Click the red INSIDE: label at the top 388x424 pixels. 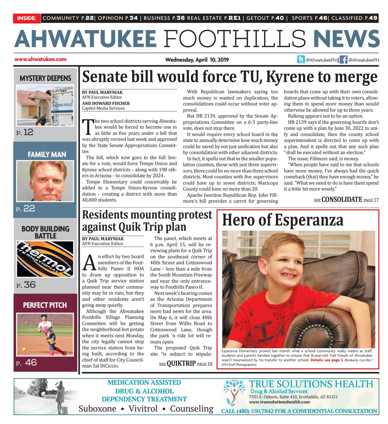coord(27,18)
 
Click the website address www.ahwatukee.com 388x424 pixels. coord(40,59)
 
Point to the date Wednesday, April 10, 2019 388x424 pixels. coord(197,60)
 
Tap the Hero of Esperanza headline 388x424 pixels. coord(283,220)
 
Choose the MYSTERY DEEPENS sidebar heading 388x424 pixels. coord(45,78)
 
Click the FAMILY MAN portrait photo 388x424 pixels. coord(45,181)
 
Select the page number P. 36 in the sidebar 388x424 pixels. coord(26,285)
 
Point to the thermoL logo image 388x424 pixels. coord(45,259)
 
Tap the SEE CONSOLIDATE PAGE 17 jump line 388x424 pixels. coord(346,200)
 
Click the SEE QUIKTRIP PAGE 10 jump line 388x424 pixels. coord(185,363)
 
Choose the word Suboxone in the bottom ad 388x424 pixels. coord(97,409)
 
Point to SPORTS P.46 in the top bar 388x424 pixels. coord(309,18)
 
